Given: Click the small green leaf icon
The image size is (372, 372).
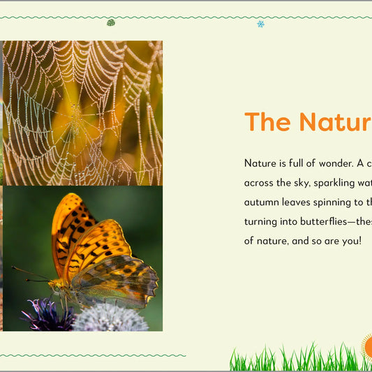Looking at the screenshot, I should click(x=111, y=22).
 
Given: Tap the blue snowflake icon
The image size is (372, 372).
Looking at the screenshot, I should click(x=260, y=24).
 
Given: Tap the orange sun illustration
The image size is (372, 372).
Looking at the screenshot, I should click(x=367, y=345).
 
